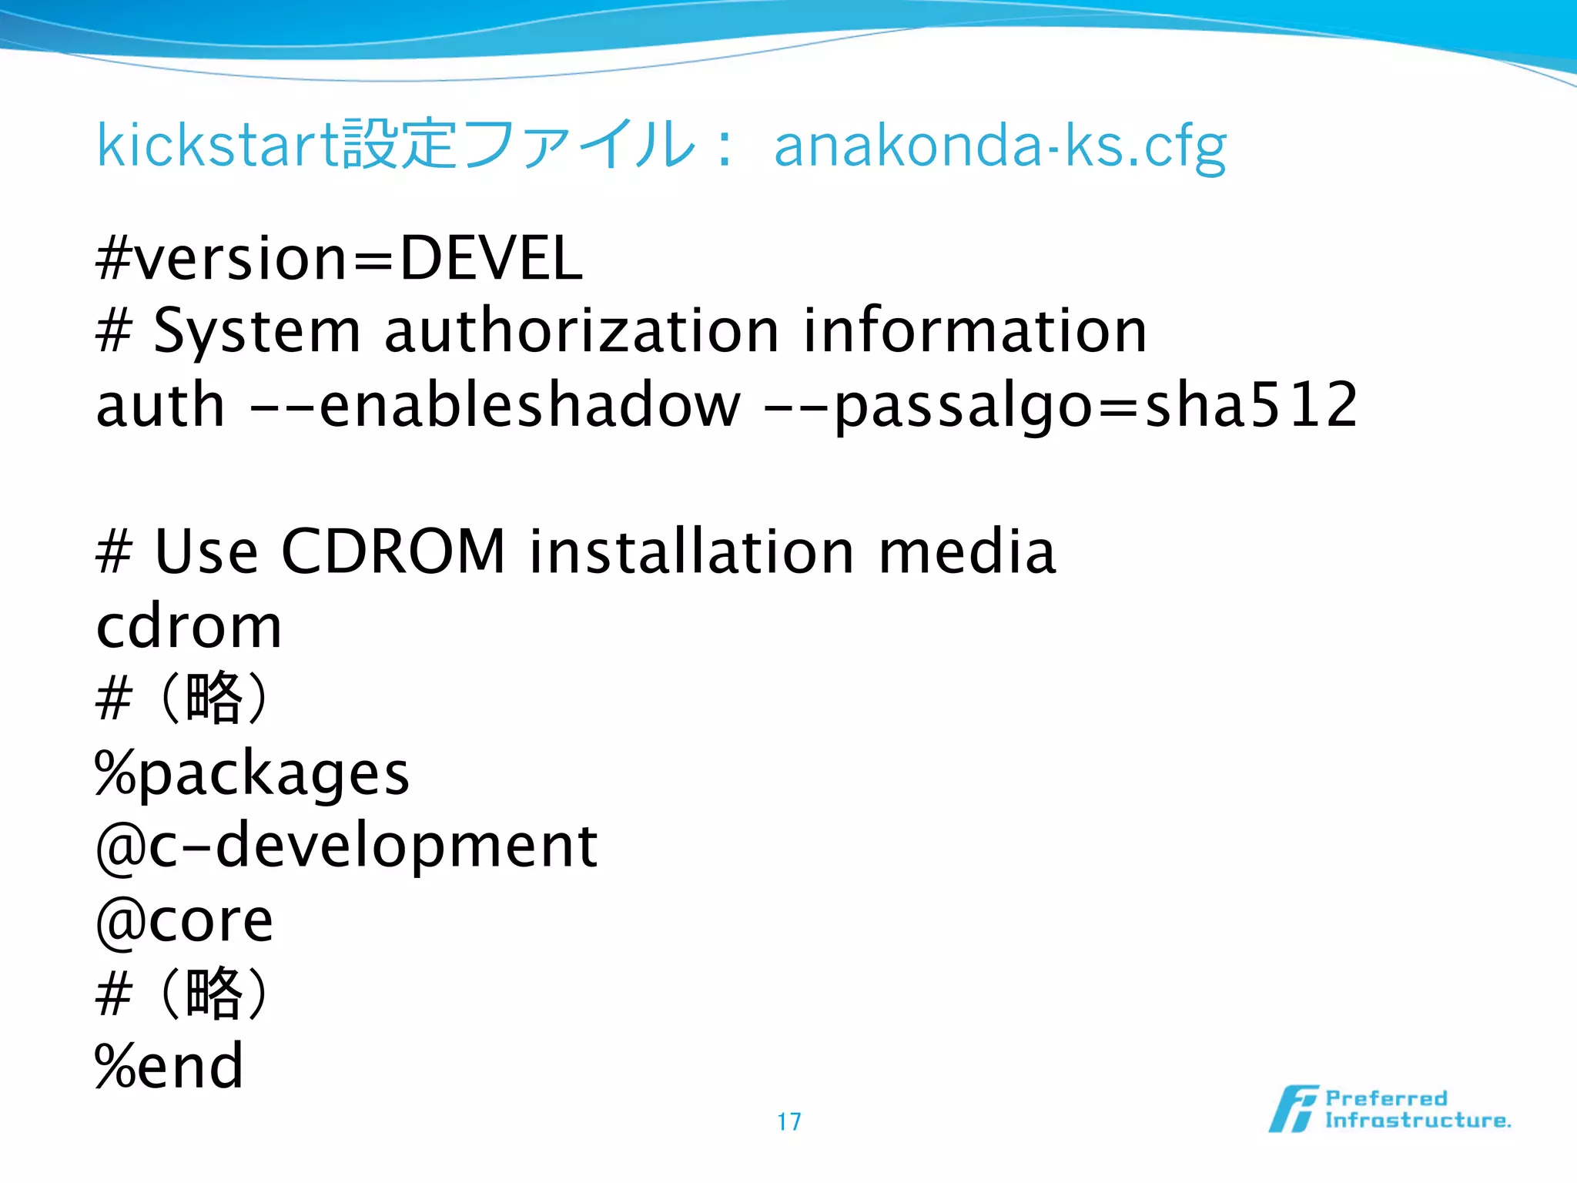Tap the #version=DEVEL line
[x=339, y=258]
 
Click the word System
[x=257, y=331]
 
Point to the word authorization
[x=581, y=331]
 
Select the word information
[x=975, y=331]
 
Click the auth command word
[x=160, y=405]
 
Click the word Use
[x=206, y=551]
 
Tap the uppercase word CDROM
[x=393, y=551]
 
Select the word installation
[x=691, y=551]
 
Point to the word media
[x=967, y=551]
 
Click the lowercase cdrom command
[x=189, y=626]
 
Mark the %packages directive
[x=252, y=773]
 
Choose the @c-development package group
[x=347, y=846]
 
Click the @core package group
[x=184, y=920]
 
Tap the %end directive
[x=169, y=1066]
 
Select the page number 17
[x=788, y=1121]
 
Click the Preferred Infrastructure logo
[x=1389, y=1109]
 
